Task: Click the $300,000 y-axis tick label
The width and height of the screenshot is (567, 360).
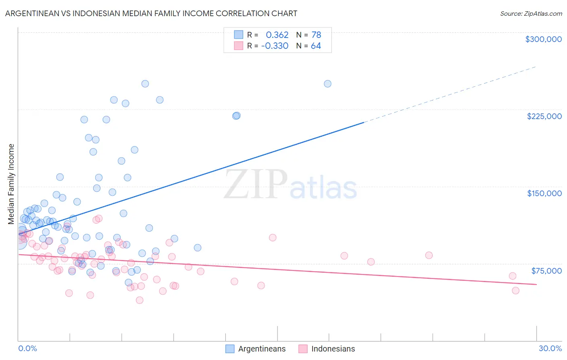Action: [543, 39]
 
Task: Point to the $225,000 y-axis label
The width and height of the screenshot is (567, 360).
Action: [544, 116]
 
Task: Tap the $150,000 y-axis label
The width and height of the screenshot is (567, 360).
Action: [544, 193]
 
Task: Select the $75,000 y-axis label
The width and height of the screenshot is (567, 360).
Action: [546, 270]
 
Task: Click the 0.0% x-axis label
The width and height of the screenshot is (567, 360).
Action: [27, 348]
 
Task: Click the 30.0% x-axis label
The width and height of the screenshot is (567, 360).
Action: [550, 348]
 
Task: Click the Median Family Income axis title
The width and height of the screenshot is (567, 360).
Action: [11, 184]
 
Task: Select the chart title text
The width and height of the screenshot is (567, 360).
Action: [151, 13]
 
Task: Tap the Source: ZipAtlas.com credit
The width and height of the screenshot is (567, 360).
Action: [531, 13]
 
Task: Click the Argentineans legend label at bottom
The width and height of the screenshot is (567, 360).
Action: [262, 349]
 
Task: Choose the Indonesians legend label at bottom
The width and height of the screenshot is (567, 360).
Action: [333, 349]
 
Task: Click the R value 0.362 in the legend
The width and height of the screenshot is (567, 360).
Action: [277, 35]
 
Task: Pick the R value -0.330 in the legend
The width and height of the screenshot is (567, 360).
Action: [275, 46]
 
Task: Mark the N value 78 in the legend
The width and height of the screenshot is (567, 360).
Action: [316, 35]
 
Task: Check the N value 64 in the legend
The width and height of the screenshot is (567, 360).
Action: [316, 46]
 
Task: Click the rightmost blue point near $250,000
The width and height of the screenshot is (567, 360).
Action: [327, 84]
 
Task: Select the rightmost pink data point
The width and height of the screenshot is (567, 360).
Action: [515, 291]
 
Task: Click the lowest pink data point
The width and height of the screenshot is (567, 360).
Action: [140, 300]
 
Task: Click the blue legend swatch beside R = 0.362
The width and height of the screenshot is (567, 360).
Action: [239, 35]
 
